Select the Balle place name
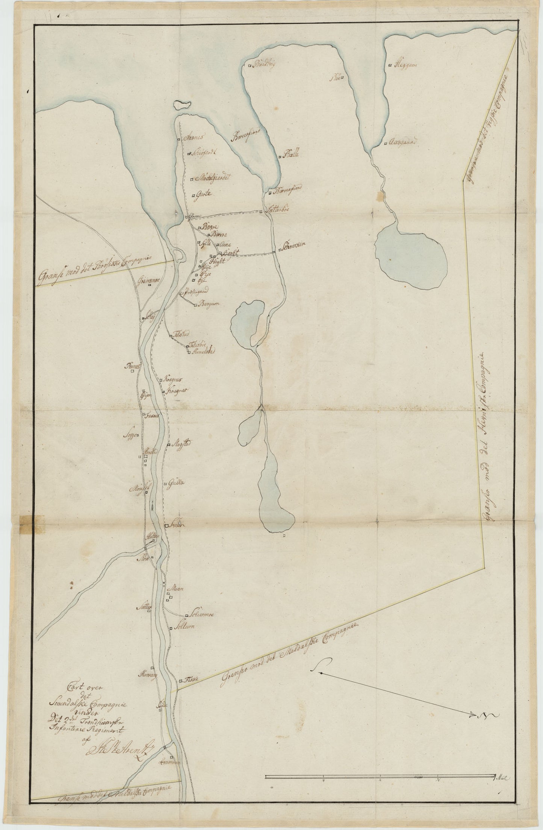coord(291,154)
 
